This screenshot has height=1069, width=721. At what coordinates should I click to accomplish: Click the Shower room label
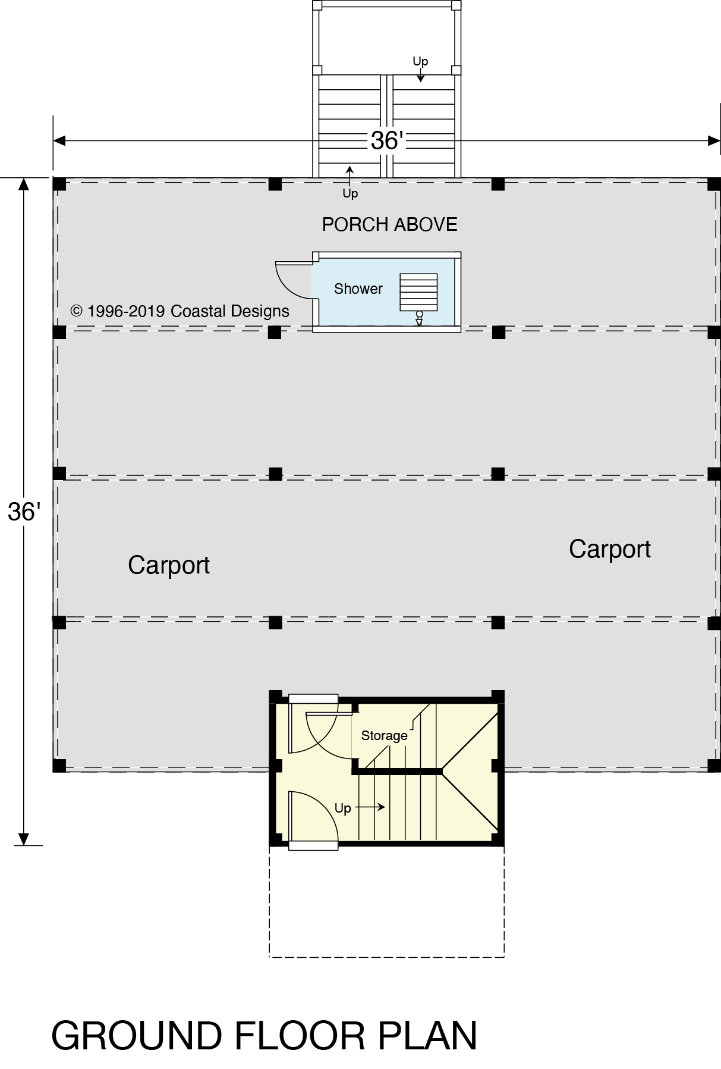pos(358,289)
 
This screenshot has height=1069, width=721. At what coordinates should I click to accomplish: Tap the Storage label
pos(384,736)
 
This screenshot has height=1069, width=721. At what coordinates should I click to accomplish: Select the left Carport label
pos(169,565)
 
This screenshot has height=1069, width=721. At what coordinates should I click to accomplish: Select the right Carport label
pos(609,549)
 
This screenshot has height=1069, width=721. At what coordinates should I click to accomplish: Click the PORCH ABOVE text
pos(389,224)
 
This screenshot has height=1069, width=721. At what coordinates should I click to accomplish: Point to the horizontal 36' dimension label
pos(386,141)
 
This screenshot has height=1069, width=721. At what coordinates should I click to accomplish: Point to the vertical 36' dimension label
pos(24,512)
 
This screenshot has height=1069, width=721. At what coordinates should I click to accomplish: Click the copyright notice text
pos(180,311)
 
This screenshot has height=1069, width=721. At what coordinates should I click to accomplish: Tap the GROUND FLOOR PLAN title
pos(264,1036)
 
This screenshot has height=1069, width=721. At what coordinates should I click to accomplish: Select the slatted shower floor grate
pos(418,291)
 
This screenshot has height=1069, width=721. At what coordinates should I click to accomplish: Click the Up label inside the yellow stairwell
pos(343,808)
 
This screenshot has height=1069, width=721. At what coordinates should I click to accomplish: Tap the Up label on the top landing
pos(420,61)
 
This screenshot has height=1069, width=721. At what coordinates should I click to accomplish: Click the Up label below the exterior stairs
pos(350,193)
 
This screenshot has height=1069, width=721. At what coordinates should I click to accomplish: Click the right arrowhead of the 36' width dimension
pos(714,141)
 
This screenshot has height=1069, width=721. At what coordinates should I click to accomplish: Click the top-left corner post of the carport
pos(59,184)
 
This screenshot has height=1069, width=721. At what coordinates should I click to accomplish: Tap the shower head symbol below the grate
pos(419,318)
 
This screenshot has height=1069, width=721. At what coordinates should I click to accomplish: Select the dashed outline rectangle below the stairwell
pos(386,901)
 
